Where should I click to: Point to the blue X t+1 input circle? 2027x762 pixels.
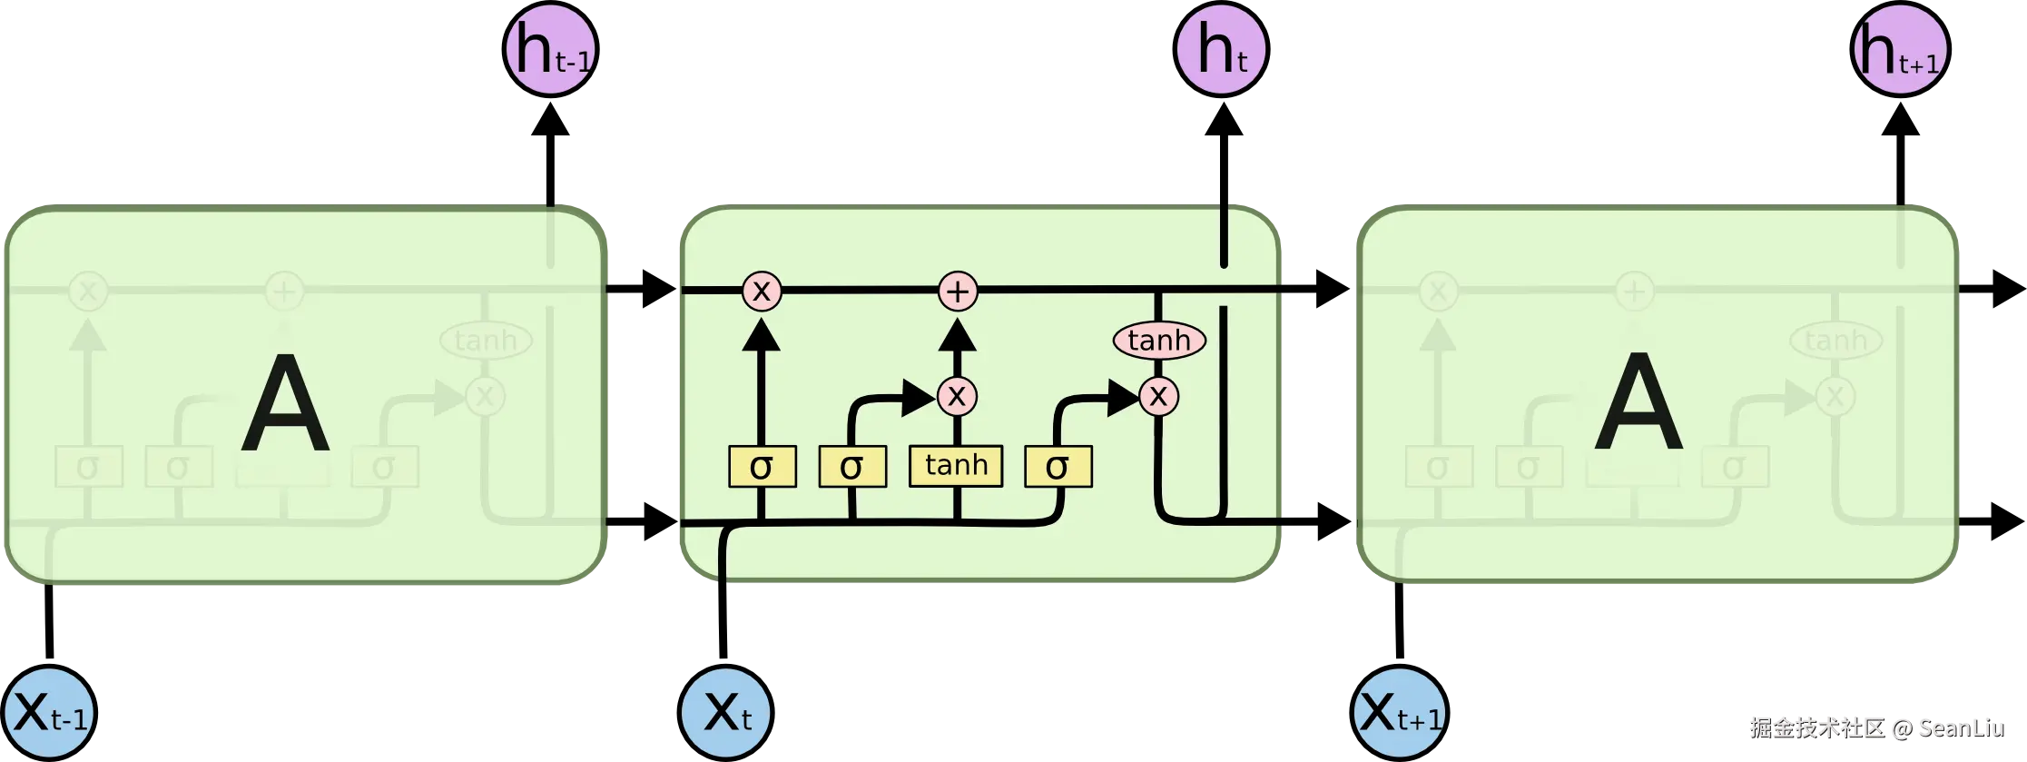point(1399,713)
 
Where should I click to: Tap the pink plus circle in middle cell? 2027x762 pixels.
point(958,292)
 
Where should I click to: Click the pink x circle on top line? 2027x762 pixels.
point(762,292)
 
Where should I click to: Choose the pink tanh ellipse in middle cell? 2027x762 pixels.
point(1159,341)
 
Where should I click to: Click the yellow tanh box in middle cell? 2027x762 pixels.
point(956,466)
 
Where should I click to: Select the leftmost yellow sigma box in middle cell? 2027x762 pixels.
point(763,467)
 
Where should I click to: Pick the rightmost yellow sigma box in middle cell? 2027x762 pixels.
point(1058,467)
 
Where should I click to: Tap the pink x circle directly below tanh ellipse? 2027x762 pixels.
point(1158,396)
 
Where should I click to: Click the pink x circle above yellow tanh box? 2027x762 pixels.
point(957,396)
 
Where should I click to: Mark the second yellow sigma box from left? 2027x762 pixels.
point(852,467)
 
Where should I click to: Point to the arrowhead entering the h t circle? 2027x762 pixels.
point(1223,124)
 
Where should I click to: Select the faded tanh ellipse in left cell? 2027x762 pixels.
point(486,341)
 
